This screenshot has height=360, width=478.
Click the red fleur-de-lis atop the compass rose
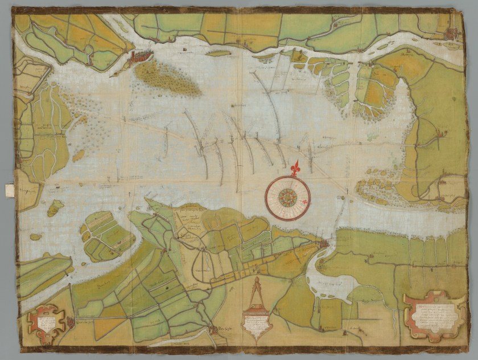click(294, 169)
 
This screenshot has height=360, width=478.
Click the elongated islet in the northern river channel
click(219, 53)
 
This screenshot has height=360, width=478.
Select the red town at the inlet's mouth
click(323, 246)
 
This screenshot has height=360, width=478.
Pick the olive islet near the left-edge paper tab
click(55, 207)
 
